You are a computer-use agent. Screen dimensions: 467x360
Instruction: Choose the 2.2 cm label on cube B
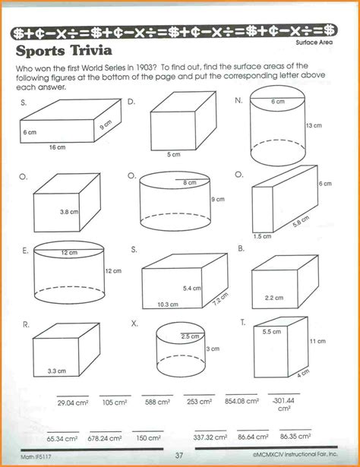pyautogui.click(x=274, y=297)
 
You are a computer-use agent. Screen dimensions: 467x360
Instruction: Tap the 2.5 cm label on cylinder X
pyautogui.click(x=190, y=336)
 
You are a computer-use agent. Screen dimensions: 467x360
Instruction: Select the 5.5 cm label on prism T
pyautogui.click(x=271, y=332)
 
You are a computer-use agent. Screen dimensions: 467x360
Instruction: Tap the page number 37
pyautogui.click(x=180, y=455)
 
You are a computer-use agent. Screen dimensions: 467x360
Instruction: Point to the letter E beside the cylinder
pyautogui.click(x=26, y=249)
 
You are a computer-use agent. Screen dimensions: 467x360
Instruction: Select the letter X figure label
pyautogui.click(x=134, y=323)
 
